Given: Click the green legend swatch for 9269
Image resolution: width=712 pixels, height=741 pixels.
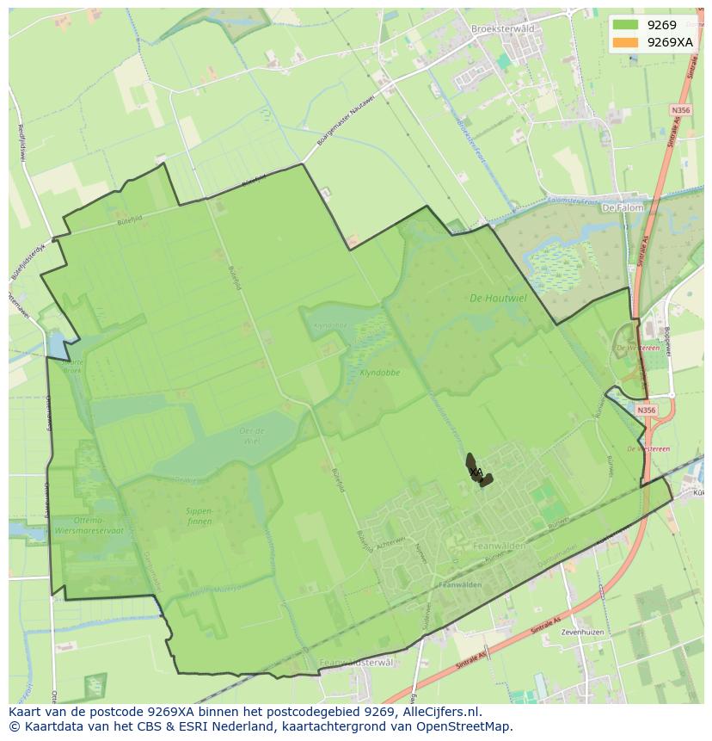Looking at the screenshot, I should (626, 25).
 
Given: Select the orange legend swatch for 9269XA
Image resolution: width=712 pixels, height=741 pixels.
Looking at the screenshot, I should (626, 41).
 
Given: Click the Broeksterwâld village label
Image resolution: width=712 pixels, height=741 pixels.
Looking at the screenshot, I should (503, 28).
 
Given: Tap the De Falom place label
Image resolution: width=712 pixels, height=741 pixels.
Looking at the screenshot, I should (623, 208).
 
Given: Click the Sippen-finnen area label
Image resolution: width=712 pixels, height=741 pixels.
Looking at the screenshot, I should (199, 516).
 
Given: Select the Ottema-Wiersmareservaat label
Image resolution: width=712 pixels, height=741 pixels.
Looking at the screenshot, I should (89, 526).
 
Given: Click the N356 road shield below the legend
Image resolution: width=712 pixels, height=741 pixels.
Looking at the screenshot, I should (681, 111).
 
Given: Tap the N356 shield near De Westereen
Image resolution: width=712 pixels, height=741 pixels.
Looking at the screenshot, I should (647, 411).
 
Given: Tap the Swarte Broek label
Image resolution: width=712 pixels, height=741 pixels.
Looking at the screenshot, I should (71, 366).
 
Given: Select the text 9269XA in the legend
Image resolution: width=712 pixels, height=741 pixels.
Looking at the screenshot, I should (670, 41).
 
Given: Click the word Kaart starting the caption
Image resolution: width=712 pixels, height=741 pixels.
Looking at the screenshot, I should (28, 712).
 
